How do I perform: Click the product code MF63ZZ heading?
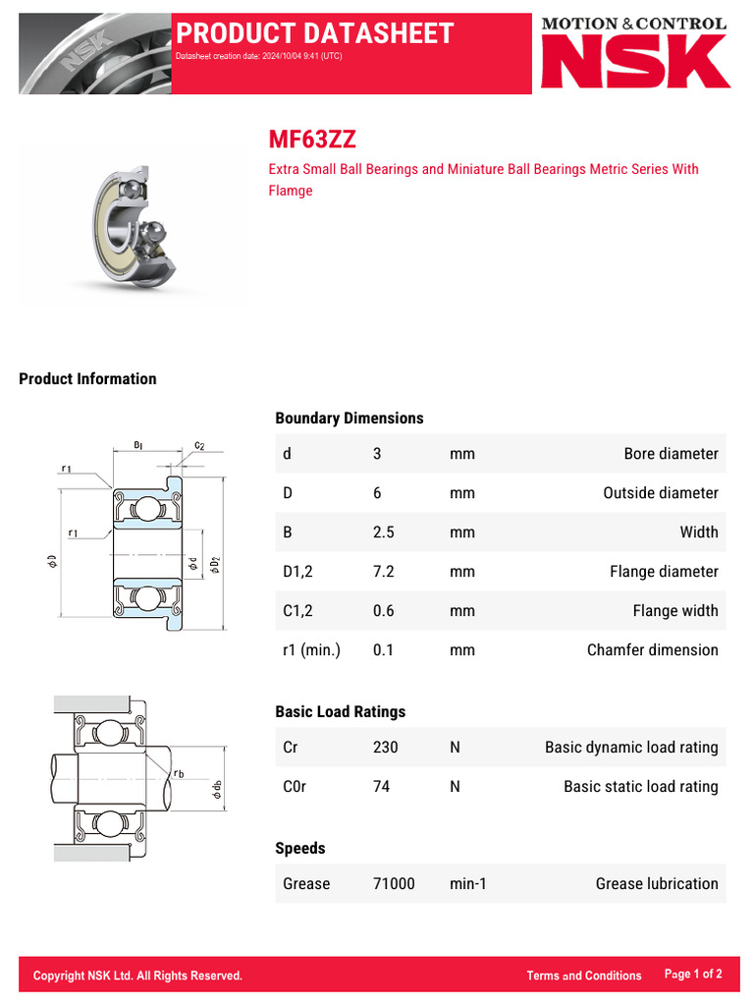click(x=305, y=140)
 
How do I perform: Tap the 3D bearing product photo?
click(x=136, y=223)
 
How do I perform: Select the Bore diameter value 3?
click(x=377, y=454)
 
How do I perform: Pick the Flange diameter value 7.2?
click(x=383, y=572)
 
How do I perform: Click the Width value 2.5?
click(x=383, y=532)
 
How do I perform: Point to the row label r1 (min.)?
click(x=311, y=650)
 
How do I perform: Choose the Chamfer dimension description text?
click(x=652, y=650)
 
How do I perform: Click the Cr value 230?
click(x=386, y=748)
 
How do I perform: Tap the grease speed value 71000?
click(x=394, y=884)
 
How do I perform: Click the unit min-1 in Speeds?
click(x=468, y=884)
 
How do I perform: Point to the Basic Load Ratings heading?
click(x=340, y=712)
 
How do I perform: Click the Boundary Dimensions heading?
click(x=350, y=419)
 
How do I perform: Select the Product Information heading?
click(x=87, y=379)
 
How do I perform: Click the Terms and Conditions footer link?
click(x=583, y=976)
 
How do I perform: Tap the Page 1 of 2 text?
click(x=693, y=975)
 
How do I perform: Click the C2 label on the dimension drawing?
click(x=199, y=445)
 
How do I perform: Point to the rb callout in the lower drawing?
click(x=178, y=774)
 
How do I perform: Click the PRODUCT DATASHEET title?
click(x=314, y=33)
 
